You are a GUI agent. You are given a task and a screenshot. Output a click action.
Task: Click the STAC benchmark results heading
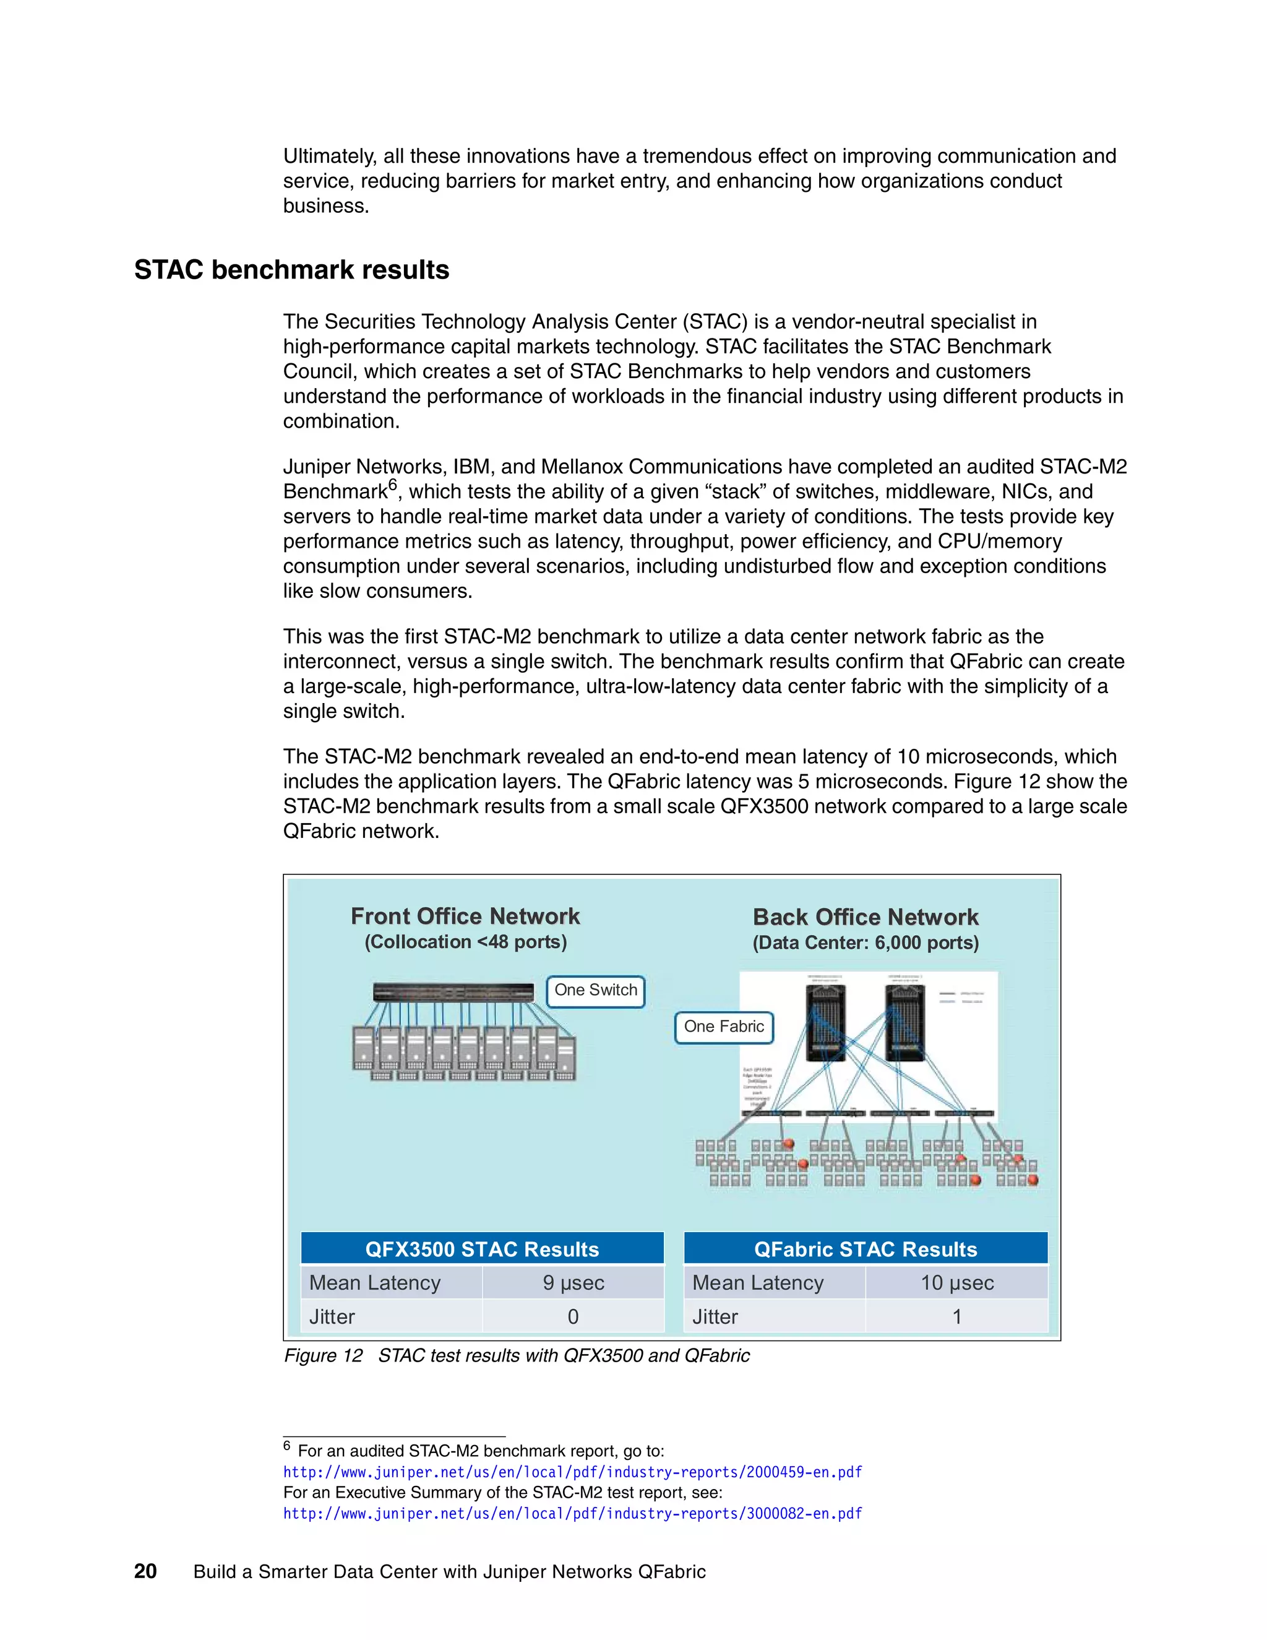[x=291, y=270]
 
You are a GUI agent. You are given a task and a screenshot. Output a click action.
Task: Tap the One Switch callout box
[x=595, y=990]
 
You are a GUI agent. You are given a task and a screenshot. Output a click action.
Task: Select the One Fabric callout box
[x=724, y=1027]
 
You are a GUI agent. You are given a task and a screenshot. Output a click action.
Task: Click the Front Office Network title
[x=465, y=916]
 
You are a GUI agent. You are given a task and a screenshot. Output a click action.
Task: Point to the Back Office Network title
[x=865, y=917]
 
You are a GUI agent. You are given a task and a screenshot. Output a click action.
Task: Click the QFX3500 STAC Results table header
[x=482, y=1249]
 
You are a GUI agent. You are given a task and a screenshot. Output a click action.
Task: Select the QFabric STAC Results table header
[x=865, y=1249]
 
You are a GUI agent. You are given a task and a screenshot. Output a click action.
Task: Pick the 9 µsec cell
[x=573, y=1282]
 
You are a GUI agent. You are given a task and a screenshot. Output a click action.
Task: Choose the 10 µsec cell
[x=957, y=1282]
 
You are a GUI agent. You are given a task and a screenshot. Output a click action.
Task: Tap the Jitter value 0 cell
[x=573, y=1316]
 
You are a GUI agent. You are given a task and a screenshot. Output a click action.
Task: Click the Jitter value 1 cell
[x=957, y=1316]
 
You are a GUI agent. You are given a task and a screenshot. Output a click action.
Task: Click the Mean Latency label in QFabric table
[x=758, y=1282]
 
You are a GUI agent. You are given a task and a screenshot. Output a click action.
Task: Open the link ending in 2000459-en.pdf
[x=573, y=1472]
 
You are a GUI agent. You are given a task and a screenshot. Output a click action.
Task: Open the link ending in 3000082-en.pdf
[x=573, y=1513]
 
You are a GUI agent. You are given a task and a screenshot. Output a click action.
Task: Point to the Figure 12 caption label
[x=323, y=1355]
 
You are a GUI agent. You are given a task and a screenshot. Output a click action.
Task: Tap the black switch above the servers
[x=454, y=992]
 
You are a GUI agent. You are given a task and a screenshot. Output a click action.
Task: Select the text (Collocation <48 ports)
[x=465, y=942]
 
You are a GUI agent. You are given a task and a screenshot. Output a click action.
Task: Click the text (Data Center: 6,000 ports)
[x=865, y=943]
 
